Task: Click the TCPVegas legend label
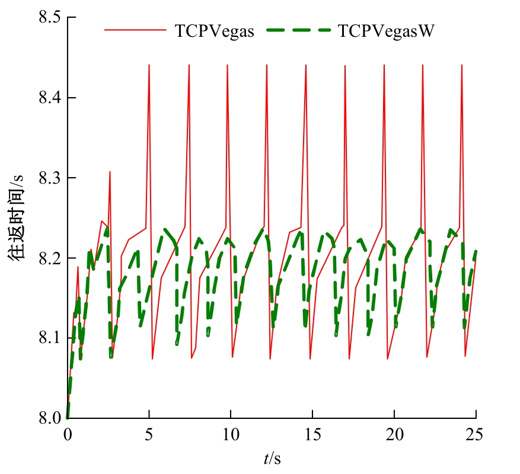click(x=214, y=31)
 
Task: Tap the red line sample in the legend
click(x=136, y=31)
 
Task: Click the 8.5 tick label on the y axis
click(x=50, y=17)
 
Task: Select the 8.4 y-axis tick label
click(x=50, y=98)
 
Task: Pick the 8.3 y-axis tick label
click(x=50, y=178)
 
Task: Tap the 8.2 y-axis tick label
click(x=50, y=258)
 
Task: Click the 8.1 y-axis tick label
click(x=50, y=338)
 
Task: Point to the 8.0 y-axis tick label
click(x=50, y=418)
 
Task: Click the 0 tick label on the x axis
click(x=68, y=435)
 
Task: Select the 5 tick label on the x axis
click(x=149, y=435)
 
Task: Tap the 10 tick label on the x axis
click(x=231, y=435)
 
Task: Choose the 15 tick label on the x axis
click(x=313, y=435)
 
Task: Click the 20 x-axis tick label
click(x=394, y=435)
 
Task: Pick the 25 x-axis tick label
click(x=476, y=435)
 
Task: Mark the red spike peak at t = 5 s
click(x=149, y=65)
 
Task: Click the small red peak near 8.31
click(x=110, y=172)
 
